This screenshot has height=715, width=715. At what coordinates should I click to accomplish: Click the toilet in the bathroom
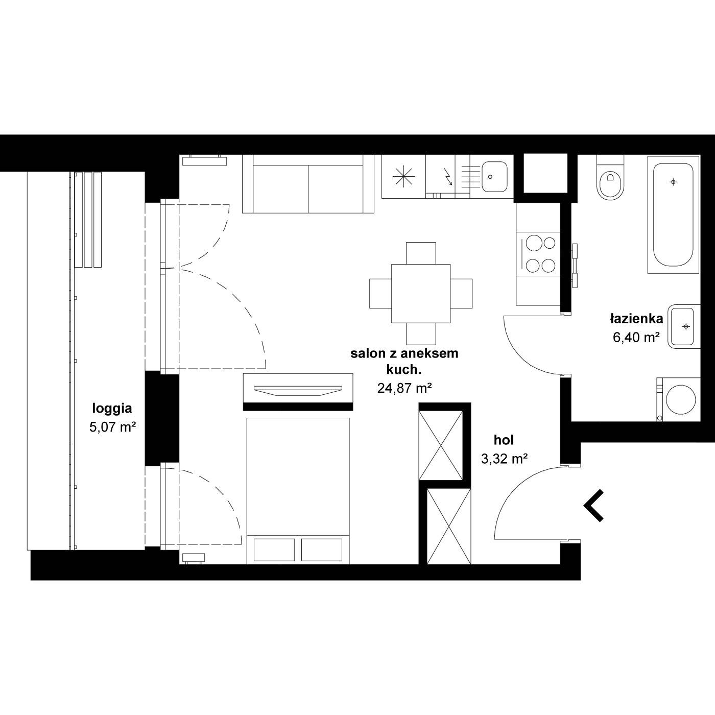point(610,177)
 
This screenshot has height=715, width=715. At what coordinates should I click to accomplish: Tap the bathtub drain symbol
point(674,182)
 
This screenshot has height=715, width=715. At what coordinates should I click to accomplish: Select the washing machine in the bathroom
point(678,399)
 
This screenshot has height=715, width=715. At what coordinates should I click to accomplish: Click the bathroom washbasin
point(684,326)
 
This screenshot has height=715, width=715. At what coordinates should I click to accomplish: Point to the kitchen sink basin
point(495,177)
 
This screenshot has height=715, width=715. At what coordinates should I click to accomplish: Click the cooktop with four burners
point(538,254)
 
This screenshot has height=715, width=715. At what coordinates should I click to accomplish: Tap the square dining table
point(421,294)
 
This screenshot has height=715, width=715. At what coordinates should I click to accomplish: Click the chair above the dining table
point(421,253)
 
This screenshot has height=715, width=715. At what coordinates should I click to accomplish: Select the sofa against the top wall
point(308,184)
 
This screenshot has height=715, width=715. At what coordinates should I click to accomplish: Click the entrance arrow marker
point(593,506)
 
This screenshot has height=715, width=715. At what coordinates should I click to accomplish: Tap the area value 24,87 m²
point(404,389)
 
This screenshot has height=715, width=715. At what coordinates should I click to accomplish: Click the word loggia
point(112,409)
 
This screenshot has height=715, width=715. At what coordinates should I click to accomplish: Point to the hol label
point(504,440)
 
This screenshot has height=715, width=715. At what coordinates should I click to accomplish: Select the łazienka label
point(636,319)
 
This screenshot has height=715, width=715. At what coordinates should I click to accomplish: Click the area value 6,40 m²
point(636,337)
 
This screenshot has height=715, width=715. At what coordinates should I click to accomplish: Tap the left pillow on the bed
point(274,550)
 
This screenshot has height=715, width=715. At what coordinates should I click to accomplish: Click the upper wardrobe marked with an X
point(441,446)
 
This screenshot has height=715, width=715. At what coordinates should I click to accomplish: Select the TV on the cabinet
point(298,391)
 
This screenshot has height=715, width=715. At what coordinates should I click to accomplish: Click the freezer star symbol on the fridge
point(403,176)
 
